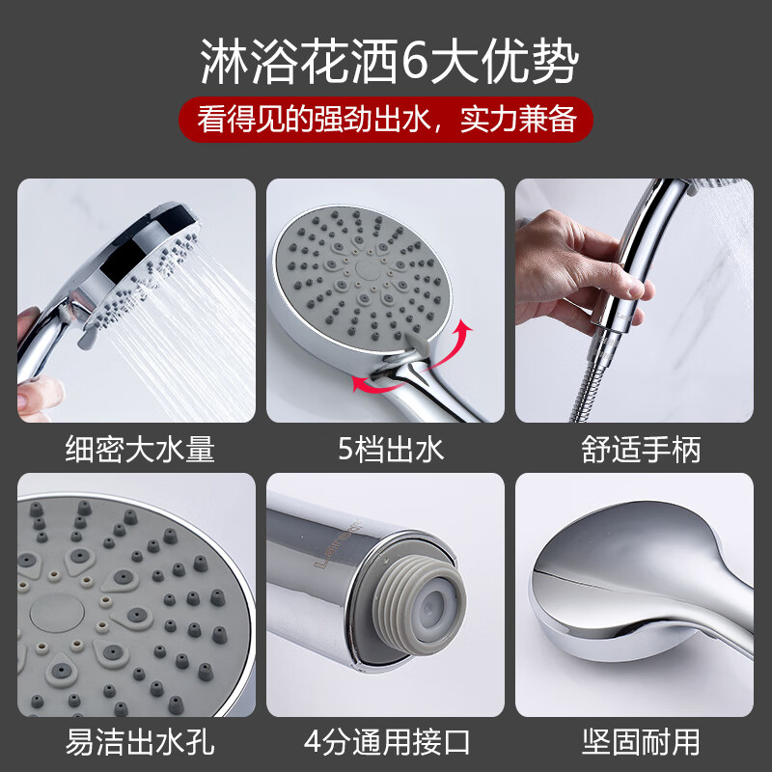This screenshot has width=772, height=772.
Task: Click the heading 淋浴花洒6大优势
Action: (386, 65)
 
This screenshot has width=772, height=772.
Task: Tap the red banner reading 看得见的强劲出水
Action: (386, 121)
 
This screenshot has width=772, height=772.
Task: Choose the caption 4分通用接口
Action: (386, 741)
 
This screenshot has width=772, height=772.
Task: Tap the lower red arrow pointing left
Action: (372, 385)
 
